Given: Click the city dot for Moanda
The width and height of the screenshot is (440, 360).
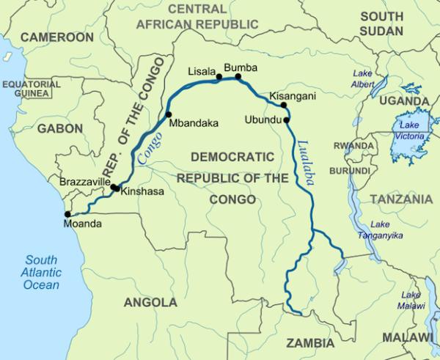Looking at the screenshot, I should [x=67, y=214].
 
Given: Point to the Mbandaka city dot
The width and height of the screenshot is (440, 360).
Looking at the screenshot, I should [x=168, y=114].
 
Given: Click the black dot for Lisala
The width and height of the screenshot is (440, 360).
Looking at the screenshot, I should [x=218, y=76].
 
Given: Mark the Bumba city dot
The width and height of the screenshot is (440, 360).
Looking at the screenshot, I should [x=238, y=76].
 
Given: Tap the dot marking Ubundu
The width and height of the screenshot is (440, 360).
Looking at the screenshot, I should [x=286, y=120].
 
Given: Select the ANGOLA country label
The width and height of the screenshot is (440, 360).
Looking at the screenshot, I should [x=150, y=302].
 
